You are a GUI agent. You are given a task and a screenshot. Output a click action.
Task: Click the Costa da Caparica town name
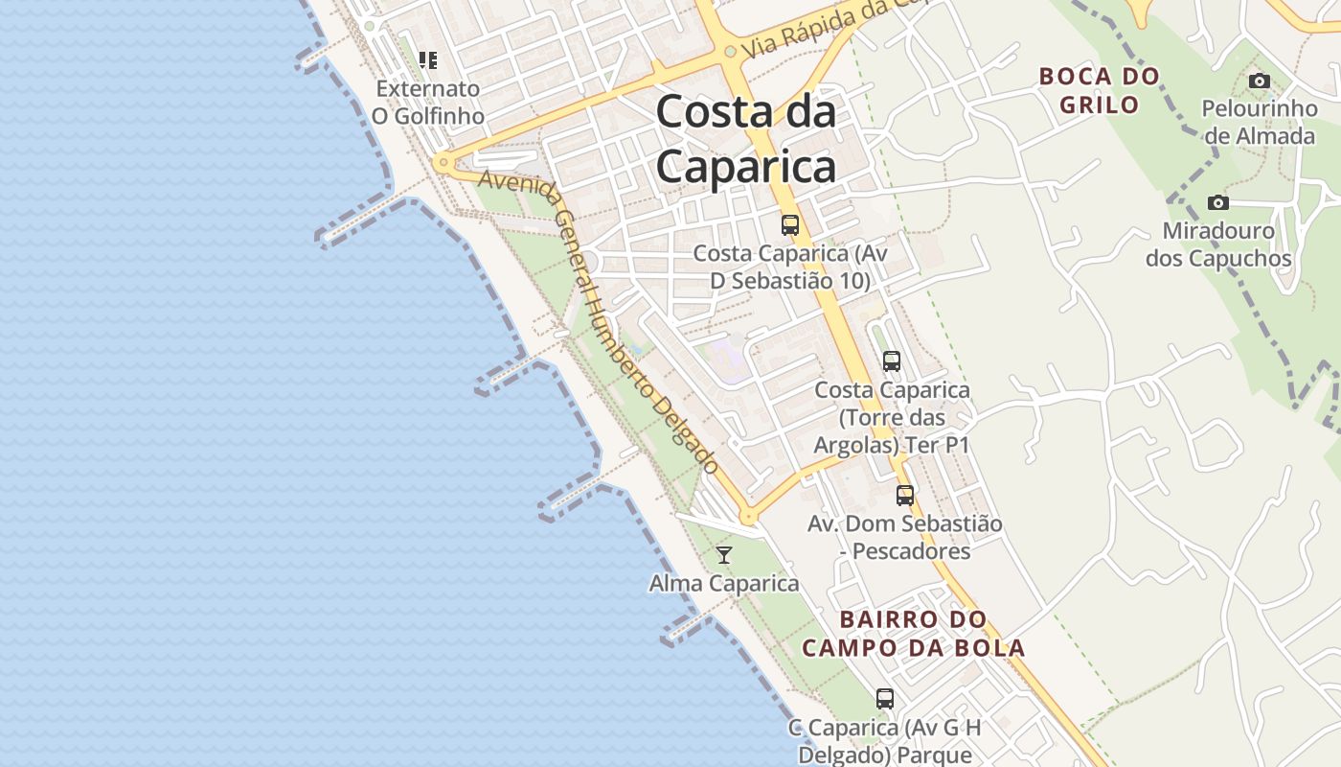pyautogui.click(x=746, y=140)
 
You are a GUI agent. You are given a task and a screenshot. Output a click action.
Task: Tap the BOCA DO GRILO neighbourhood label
pyautogui.click(x=1099, y=90)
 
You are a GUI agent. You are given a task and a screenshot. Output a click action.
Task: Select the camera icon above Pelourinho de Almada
pyautogui.click(x=1260, y=81)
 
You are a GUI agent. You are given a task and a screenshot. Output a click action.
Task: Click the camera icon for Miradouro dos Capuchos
pyautogui.click(x=1218, y=202)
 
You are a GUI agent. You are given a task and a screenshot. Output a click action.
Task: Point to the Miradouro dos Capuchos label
pyautogui.click(x=1218, y=244)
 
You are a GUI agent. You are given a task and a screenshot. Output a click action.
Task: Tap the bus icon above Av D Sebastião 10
pyautogui.click(x=790, y=225)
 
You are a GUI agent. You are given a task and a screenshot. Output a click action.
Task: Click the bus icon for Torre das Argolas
pyautogui.click(x=892, y=361)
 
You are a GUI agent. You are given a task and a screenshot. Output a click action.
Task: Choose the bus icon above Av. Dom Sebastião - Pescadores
pyautogui.click(x=905, y=496)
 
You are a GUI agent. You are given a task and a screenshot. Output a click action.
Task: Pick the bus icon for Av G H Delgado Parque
pyautogui.click(x=885, y=699)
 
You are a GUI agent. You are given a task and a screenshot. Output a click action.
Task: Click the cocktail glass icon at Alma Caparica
pyautogui.click(x=724, y=555)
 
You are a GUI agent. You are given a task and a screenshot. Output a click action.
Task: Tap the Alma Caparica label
pyautogui.click(x=724, y=583)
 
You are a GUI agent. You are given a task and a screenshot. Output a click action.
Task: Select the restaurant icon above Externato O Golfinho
pyautogui.click(x=428, y=60)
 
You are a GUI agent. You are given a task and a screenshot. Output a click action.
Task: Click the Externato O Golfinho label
pyautogui.click(x=427, y=102)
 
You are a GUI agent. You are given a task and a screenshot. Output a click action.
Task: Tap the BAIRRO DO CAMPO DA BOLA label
pyautogui.click(x=913, y=634)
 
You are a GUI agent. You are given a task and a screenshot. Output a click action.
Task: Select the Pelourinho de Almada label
pyautogui.click(x=1260, y=122)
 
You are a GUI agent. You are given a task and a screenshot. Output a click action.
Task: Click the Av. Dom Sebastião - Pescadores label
pyautogui.click(x=905, y=537)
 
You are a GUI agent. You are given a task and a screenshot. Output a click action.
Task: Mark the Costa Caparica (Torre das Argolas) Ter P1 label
pyautogui.click(x=892, y=417)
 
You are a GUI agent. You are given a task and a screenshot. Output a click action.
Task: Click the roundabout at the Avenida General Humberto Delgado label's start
pyautogui.click(x=442, y=163)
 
